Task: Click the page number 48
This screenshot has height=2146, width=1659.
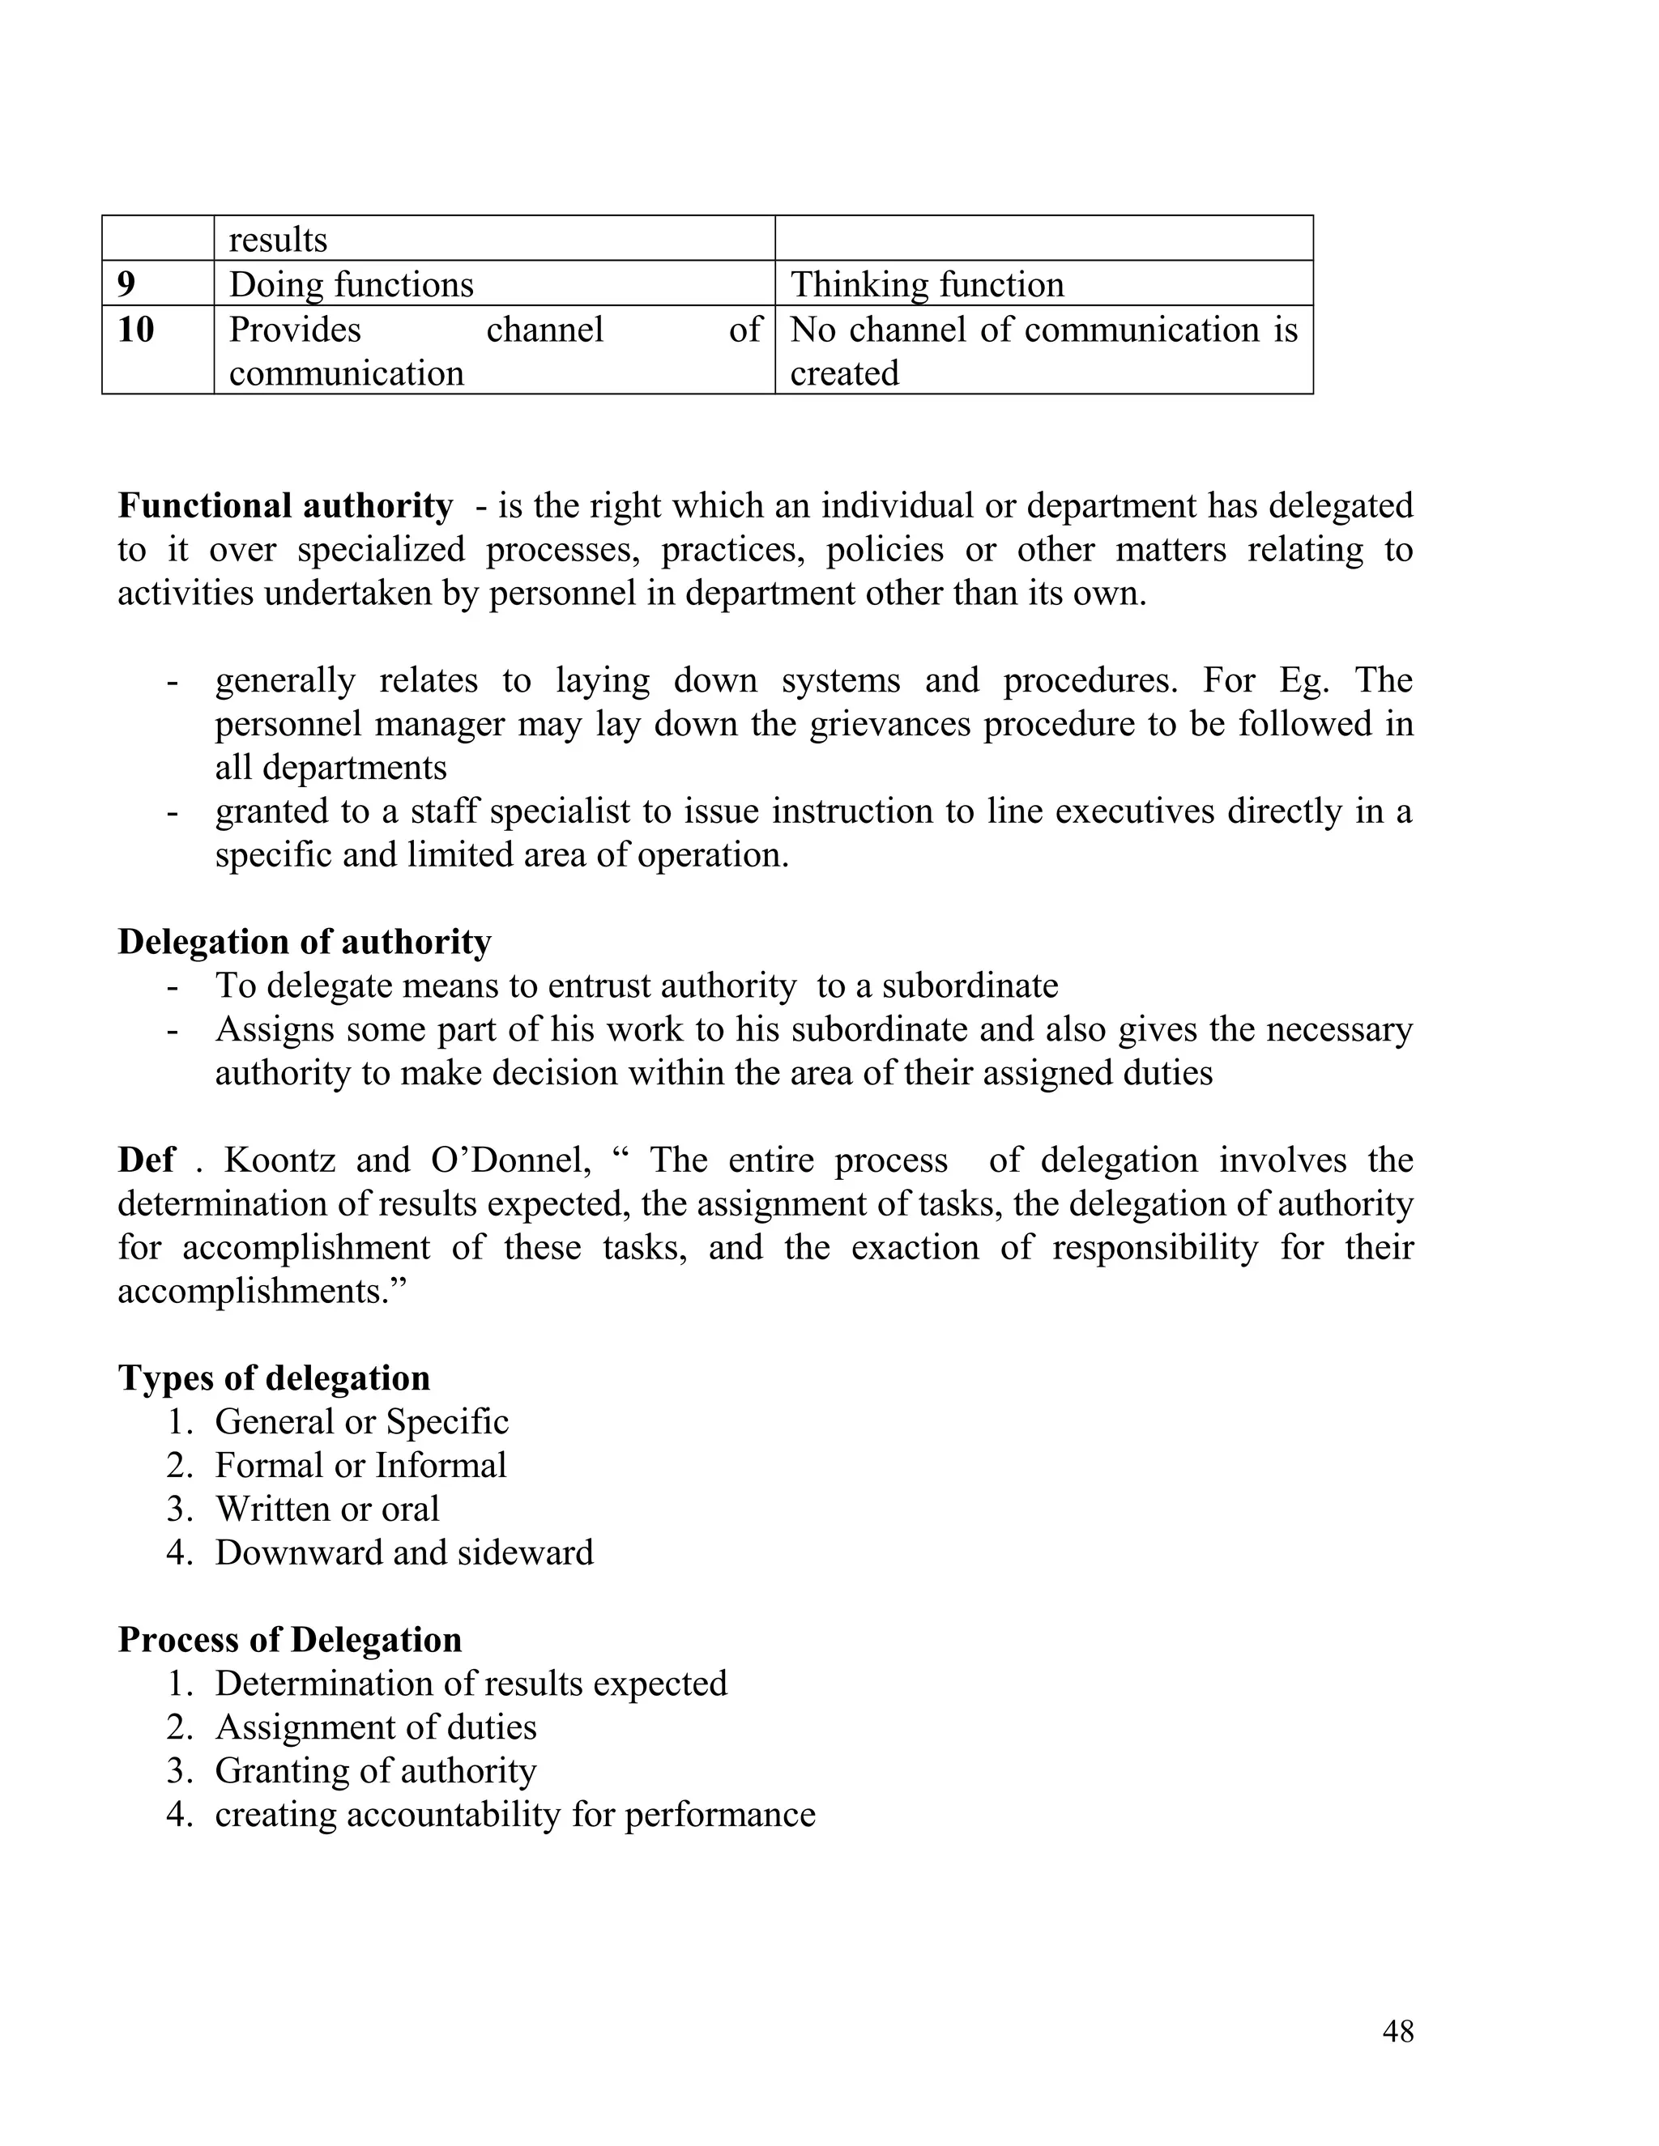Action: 1397,2031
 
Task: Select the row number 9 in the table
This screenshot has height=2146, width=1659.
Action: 127,284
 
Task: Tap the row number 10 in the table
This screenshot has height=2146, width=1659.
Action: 135,329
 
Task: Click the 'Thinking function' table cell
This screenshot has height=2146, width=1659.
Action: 927,284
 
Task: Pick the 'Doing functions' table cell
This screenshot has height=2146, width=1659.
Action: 351,284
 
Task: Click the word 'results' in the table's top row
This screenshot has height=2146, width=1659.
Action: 278,240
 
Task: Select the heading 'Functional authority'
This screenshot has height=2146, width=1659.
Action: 285,505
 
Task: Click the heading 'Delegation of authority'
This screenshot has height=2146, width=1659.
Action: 305,941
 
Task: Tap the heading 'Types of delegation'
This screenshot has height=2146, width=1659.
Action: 275,1377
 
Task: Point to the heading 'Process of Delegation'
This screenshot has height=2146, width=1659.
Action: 290,1639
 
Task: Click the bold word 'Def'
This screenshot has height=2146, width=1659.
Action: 147,1160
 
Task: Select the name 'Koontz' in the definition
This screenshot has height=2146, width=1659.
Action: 279,1160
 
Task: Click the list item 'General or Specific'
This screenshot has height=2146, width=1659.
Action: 361,1421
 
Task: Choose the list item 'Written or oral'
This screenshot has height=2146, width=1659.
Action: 327,1509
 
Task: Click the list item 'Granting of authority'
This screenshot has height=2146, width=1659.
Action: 375,1769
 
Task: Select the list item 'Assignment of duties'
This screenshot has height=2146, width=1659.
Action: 375,1727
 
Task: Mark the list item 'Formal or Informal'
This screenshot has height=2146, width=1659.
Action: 360,1465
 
